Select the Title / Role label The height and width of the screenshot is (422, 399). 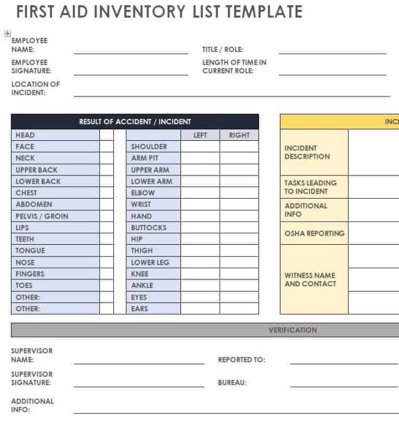point(223,50)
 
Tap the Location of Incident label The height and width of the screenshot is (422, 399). point(35,88)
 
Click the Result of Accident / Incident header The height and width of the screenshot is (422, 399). point(135,122)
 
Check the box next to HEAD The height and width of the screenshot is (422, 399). point(106,135)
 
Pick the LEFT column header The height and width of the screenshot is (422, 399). point(200,135)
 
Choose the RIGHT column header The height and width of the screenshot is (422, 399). point(239,135)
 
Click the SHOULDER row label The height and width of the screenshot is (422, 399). point(149,147)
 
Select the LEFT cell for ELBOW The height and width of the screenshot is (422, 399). point(200,193)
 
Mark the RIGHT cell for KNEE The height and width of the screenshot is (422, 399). point(239,274)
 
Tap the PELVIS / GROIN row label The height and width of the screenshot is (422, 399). point(42,216)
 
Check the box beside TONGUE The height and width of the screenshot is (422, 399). point(106,251)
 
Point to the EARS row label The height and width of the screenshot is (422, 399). point(139,308)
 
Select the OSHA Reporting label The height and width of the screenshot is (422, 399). point(314,233)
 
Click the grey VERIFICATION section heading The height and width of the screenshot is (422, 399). point(293,330)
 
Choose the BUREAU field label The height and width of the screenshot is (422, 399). point(232,382)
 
